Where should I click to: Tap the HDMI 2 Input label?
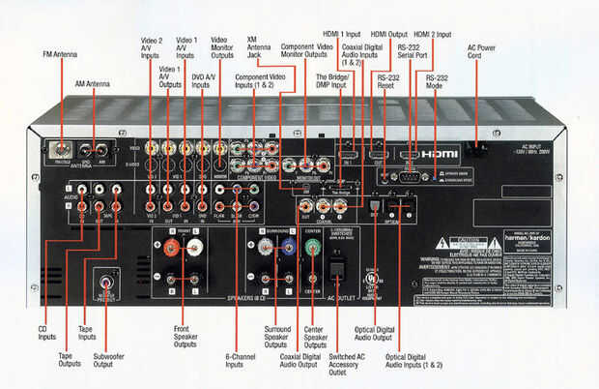click(x=431, y=35)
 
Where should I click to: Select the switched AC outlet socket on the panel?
click(x=337, y=267)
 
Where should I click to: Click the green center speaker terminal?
click(x=311, y=246)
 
